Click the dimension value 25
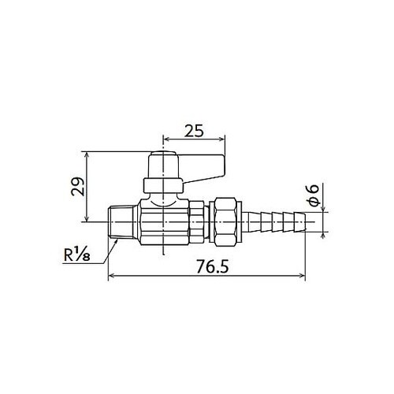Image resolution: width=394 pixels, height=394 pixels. click(194, 131)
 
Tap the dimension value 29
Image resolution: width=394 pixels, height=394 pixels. click(78, 187)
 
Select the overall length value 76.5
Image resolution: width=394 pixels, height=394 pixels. click(213, 267)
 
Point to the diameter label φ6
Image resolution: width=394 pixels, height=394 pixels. click(313, 195)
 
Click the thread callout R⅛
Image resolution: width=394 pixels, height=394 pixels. click(77, 255)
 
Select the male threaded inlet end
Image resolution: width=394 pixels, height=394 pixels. click(123, 222)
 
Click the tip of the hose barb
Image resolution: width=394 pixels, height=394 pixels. click(305, 222)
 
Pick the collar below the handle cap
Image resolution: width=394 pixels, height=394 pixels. click(163, 185)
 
